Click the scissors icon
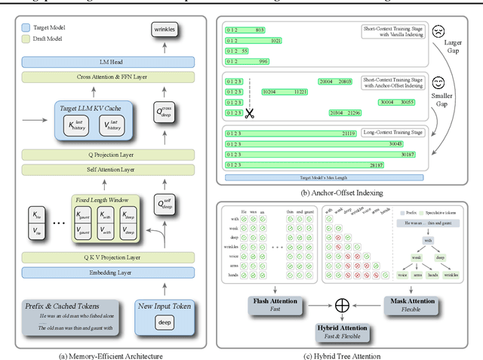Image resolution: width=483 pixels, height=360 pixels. tap(250, 113)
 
